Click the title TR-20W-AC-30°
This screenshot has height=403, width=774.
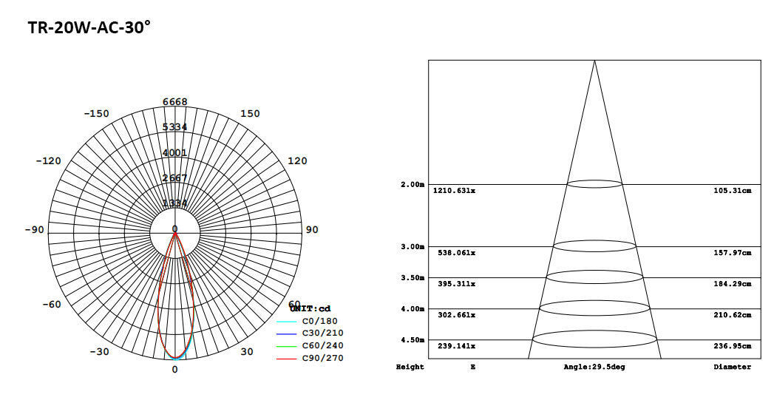click(89, 28)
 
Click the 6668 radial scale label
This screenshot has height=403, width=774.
click(175, 102)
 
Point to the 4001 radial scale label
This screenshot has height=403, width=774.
click(175, 153)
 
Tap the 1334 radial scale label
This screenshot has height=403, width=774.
click(175, 203)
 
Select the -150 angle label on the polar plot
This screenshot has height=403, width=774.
click(96, 113)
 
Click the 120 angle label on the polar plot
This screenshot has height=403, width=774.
click(296, 161)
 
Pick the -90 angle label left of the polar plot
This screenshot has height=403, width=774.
click(34, 230)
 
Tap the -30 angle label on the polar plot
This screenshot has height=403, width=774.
click(99, 352)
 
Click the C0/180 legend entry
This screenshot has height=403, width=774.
click(319, 322)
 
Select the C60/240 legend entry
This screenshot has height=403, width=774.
click(322, 345)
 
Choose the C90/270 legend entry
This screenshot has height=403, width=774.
click(322, 358)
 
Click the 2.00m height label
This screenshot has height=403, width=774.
click(412, 184)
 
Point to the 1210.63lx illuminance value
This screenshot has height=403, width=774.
click(455, 191)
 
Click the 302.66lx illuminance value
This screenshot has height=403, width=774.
click(456, 315)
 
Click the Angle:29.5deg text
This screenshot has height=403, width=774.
click(594, 367)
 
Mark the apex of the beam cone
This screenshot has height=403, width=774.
click(594, 61)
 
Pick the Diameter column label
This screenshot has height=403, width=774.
click(732, 367)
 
